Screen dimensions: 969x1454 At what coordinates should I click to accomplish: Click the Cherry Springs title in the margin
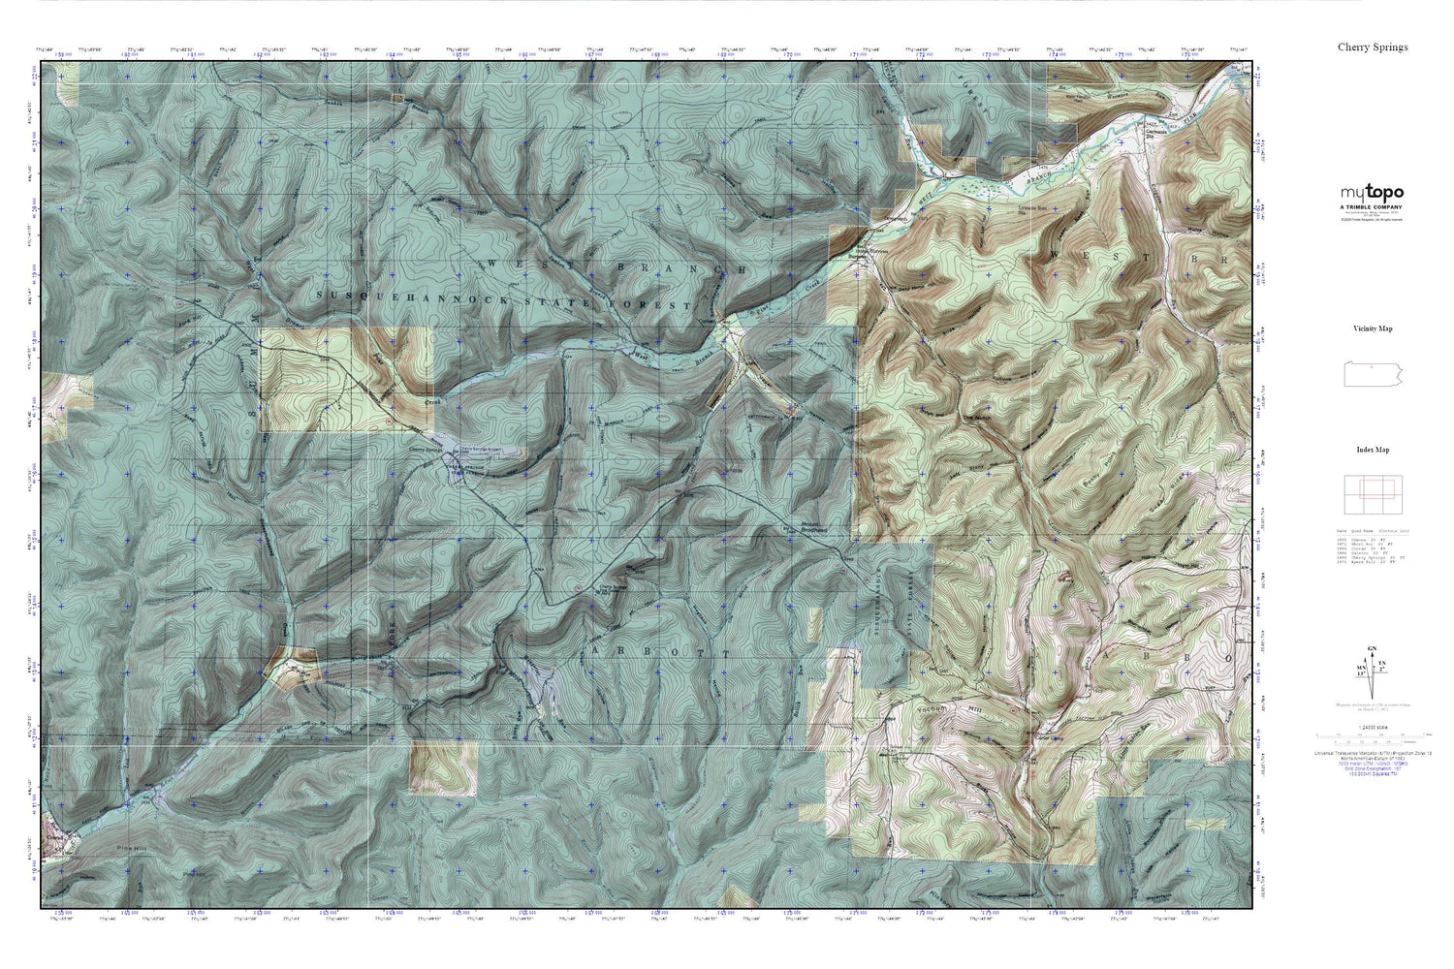tap(1373, 47)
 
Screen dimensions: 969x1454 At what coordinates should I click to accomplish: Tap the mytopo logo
tap(1372, 193)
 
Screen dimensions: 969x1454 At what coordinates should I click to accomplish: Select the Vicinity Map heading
tap(1373, 328)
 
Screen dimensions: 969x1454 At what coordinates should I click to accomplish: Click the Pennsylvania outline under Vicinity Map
tap(1373, 374)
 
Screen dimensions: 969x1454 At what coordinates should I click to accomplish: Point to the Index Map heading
tap(1373, 450)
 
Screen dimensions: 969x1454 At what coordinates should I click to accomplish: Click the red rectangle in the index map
tap(1375, 488)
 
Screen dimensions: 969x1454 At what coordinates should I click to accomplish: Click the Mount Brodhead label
tap(811, 528)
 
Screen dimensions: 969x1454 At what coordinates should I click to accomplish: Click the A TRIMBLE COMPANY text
tap(1372, 207)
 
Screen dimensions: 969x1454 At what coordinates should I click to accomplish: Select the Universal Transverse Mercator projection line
tap(1373, 752)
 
